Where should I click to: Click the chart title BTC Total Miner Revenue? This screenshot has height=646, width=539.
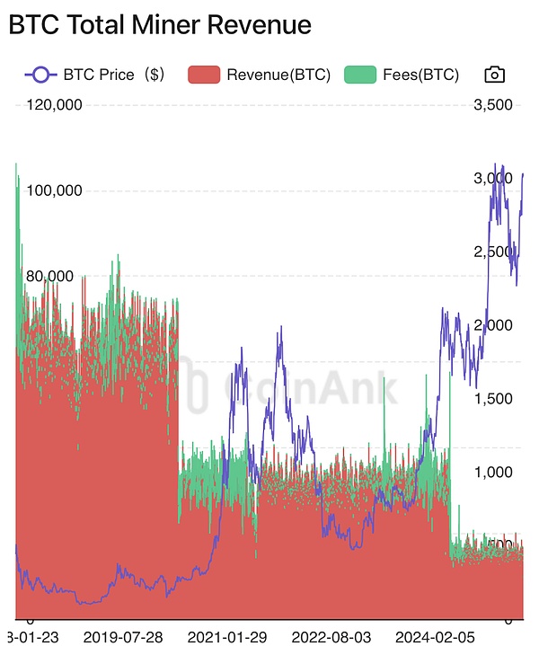[x=160, y=25]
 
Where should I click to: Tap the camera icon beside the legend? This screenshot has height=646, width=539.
[x=494, y=75]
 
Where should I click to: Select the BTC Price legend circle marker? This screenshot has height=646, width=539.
[x=40, y=75]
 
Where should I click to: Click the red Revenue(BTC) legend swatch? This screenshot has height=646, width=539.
[x=205, y=75]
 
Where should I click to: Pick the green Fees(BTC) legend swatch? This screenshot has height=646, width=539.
[x=362, y=75]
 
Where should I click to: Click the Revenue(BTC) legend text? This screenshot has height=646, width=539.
[x=278, y=75]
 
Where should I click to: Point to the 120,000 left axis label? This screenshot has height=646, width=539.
[x=56, y=105]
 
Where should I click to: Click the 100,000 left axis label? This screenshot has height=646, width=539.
[x=56, y=190]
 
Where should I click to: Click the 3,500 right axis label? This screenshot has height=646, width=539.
[x=492, y=105]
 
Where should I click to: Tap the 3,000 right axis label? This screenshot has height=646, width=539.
[x=492, y=179]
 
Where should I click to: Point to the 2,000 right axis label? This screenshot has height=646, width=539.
[x=492, y=325]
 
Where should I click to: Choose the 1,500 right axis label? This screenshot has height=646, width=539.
[x=492, y=399]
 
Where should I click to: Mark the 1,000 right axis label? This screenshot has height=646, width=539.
[x=492, y=473]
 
